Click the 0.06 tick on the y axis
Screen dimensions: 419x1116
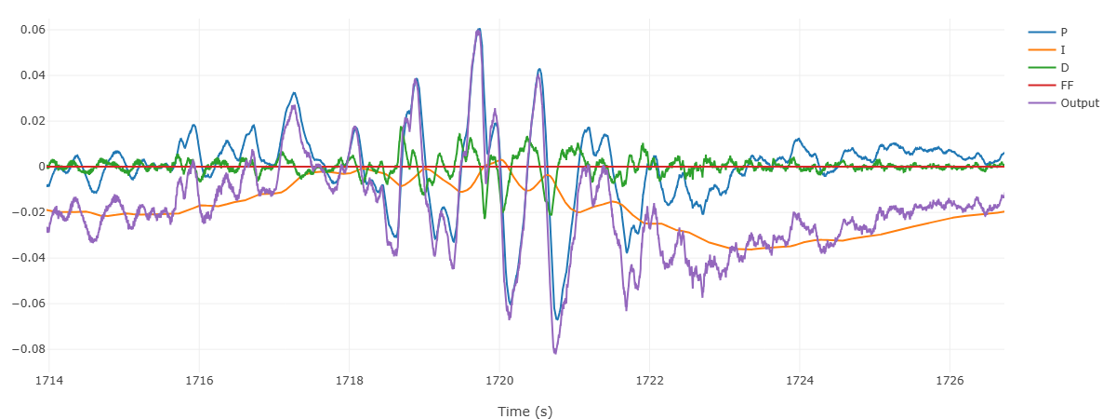click(33, 30)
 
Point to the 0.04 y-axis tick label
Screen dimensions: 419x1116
click(33, 75)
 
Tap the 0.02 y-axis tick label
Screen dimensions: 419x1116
click(33, 121)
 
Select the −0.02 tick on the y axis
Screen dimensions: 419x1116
click(31, 212)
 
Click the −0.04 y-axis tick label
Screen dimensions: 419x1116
click(31, 258)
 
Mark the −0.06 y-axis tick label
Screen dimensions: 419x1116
click(31, 304)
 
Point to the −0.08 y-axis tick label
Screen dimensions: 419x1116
click(31, 349)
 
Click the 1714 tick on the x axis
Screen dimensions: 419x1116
click(48, 380)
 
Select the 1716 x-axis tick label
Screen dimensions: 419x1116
click(199, 380)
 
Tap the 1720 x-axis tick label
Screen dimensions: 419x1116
click(499, 380)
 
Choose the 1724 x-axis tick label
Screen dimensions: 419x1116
click(800, 380)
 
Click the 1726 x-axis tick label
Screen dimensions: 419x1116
click(950, 380)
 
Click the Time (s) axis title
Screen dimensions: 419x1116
click(525, 411)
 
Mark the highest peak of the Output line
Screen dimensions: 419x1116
click(478, 30)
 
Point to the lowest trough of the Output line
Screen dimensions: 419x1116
click(554, 353)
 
